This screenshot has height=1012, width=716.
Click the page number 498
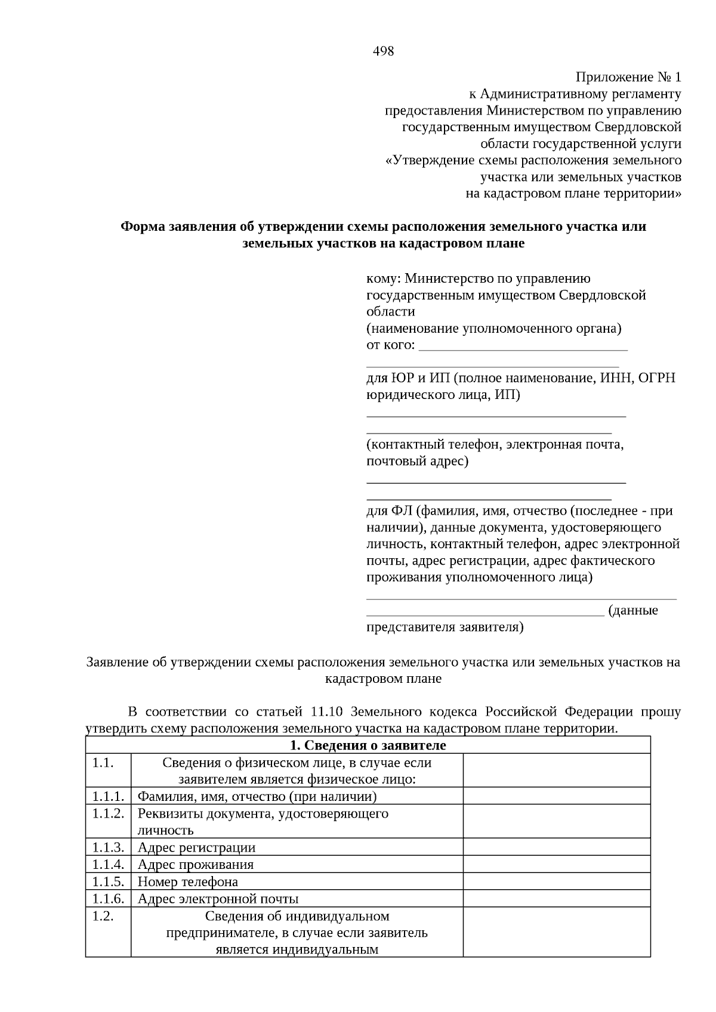click(x=383, y=51)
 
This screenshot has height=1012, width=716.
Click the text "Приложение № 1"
click(x=628, y=78)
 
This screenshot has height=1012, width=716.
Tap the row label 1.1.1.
click(x=108, y=797)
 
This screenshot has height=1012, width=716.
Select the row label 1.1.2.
click(x=108, y=814)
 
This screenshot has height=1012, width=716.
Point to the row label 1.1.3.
click(x=108, y=847)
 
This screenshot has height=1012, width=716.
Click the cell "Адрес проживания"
click(x=196, y=865)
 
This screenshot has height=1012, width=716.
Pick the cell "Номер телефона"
click(x=188, y=882)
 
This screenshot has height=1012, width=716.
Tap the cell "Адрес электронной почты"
click(x=218, y=899)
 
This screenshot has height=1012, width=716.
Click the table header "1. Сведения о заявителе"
click(x=368, y=745)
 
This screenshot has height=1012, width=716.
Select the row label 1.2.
click(x=103, y=917)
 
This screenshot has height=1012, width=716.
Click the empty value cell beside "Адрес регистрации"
click(x=556, y=847)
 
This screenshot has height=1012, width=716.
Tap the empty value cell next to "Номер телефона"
click(x=556, y=882)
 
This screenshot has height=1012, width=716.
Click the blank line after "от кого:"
click(x=523, y=346)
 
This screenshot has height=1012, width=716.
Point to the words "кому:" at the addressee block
click(x=383, y=278)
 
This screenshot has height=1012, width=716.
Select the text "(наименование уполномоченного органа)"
click(x=493, y=329)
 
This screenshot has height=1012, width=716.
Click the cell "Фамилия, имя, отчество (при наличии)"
click(x=257, y=797)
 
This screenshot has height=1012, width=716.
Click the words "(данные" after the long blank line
click(x=633, y=611)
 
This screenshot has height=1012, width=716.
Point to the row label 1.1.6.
click(x=108, y=899)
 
